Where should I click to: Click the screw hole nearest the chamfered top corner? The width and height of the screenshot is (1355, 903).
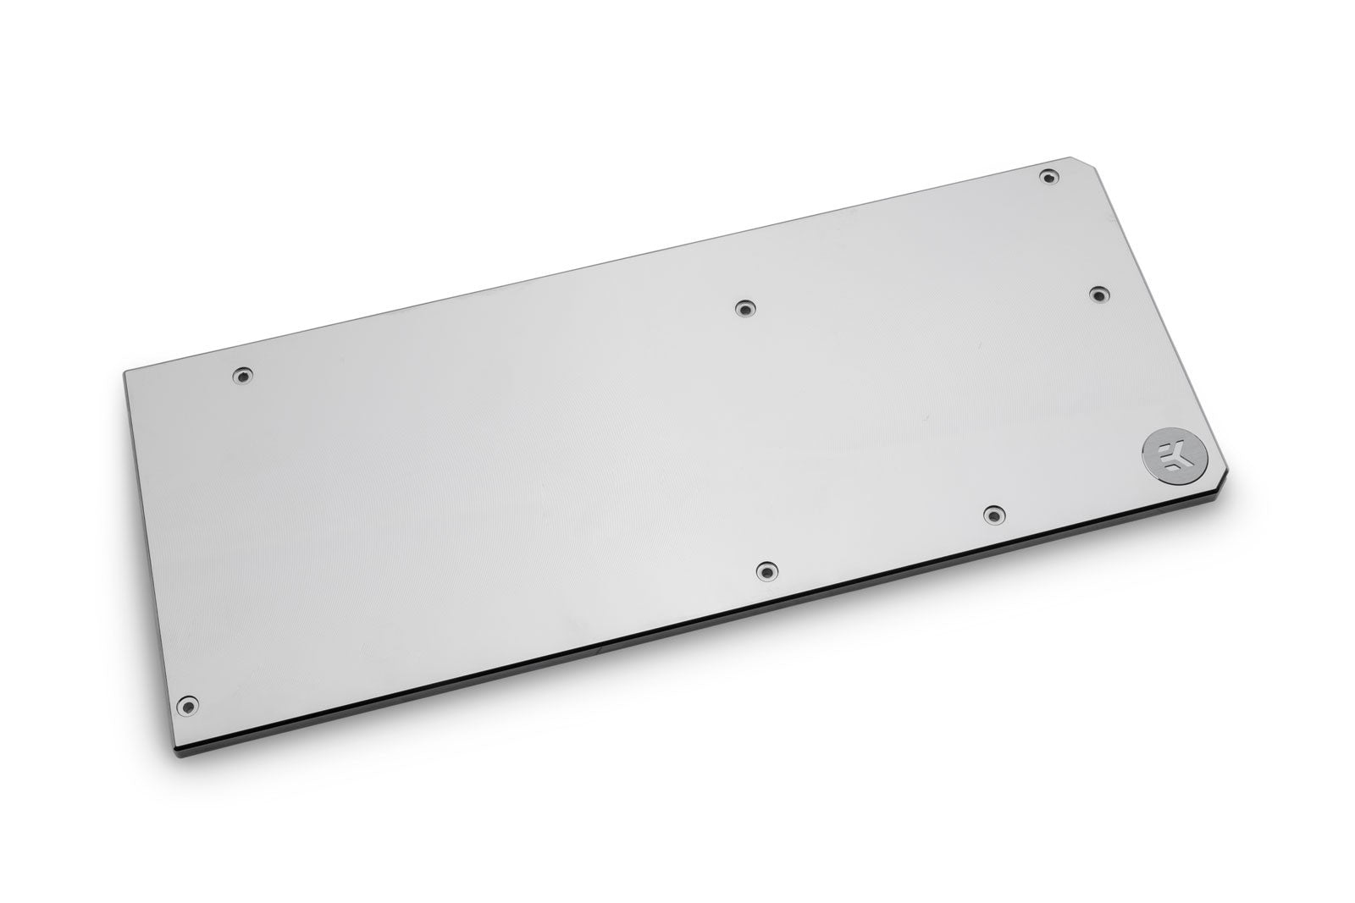[1049, 177]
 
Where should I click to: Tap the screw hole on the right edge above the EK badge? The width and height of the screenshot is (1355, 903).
[1097, 293]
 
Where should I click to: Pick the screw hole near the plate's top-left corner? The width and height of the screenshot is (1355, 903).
[244, 374]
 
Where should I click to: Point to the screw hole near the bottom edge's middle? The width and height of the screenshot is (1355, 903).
[766, 571]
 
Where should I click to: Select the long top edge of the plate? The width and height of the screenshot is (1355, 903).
[593, 263]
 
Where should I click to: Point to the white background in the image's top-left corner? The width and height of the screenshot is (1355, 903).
[51, 51]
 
